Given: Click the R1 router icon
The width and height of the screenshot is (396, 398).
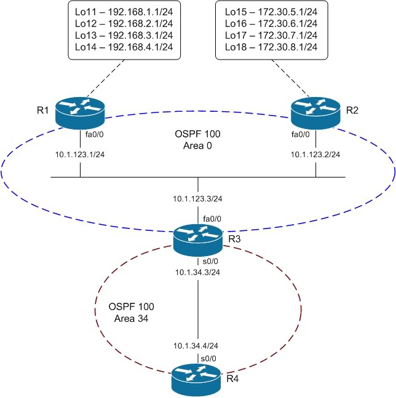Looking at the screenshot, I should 80,113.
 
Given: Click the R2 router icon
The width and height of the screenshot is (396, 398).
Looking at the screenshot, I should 316,113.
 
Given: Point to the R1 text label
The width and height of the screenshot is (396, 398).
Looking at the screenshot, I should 42,111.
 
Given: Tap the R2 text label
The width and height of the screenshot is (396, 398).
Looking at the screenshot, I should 352,111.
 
